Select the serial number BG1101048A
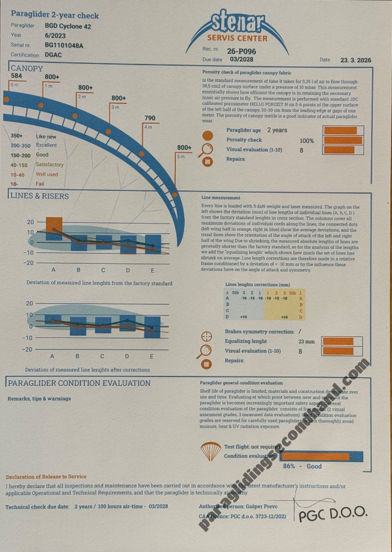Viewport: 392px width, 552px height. click(x=64, y=45)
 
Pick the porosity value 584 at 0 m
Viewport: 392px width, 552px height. click(x=17, y=76)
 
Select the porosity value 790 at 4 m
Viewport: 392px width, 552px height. click(x=149, y=118)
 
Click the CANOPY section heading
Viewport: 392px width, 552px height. click(x=26, y=68)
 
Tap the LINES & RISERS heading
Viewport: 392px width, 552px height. click(x=40, y=196)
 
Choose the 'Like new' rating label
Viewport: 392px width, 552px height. click(x=45, y=136)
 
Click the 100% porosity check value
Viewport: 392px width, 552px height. click(x=307, y=141)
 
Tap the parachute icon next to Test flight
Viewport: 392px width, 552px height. click(x=211, y=451)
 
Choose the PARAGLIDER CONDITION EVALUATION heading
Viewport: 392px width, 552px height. click(x=79, y=383)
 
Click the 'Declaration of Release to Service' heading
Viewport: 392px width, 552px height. click(x=46, y=476)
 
